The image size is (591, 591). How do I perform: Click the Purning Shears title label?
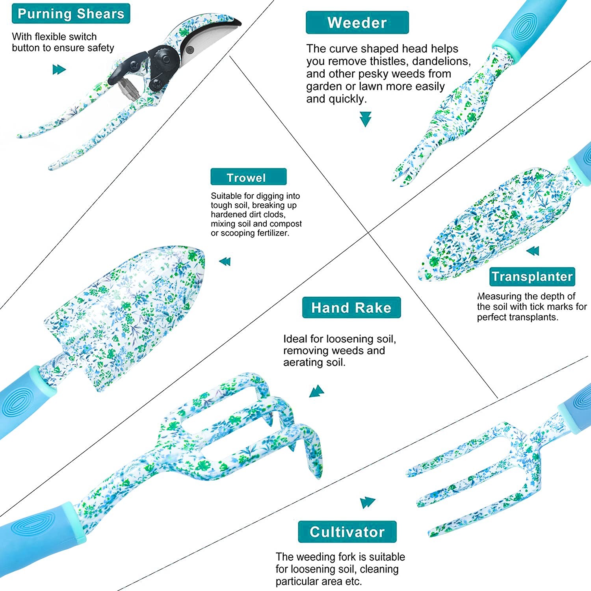pyautogui.click(x=71, y=14)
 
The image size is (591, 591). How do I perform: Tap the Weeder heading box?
pyautogui.click(x=357, y=22)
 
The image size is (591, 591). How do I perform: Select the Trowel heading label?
pyautogui.click(x=248, y=177)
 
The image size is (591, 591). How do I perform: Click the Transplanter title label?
pyautogui.click(x=532, y=276)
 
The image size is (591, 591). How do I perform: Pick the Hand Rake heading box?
pyautogui.click(x=351, y=307)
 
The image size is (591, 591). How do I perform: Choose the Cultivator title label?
pyautogui.click(x=347, y=532)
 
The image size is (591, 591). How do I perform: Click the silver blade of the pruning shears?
pyautogui.click(x=209, y=37)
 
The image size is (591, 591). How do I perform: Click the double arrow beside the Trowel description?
pyautogui.click(x=225, y=261)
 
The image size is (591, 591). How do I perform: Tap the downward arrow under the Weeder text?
pyautogui.click(x=366, y=119)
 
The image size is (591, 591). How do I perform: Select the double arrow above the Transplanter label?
pyautogui.click(x=533, y=251)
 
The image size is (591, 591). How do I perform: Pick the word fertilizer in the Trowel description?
pyautogui.click(x=273, y=233)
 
